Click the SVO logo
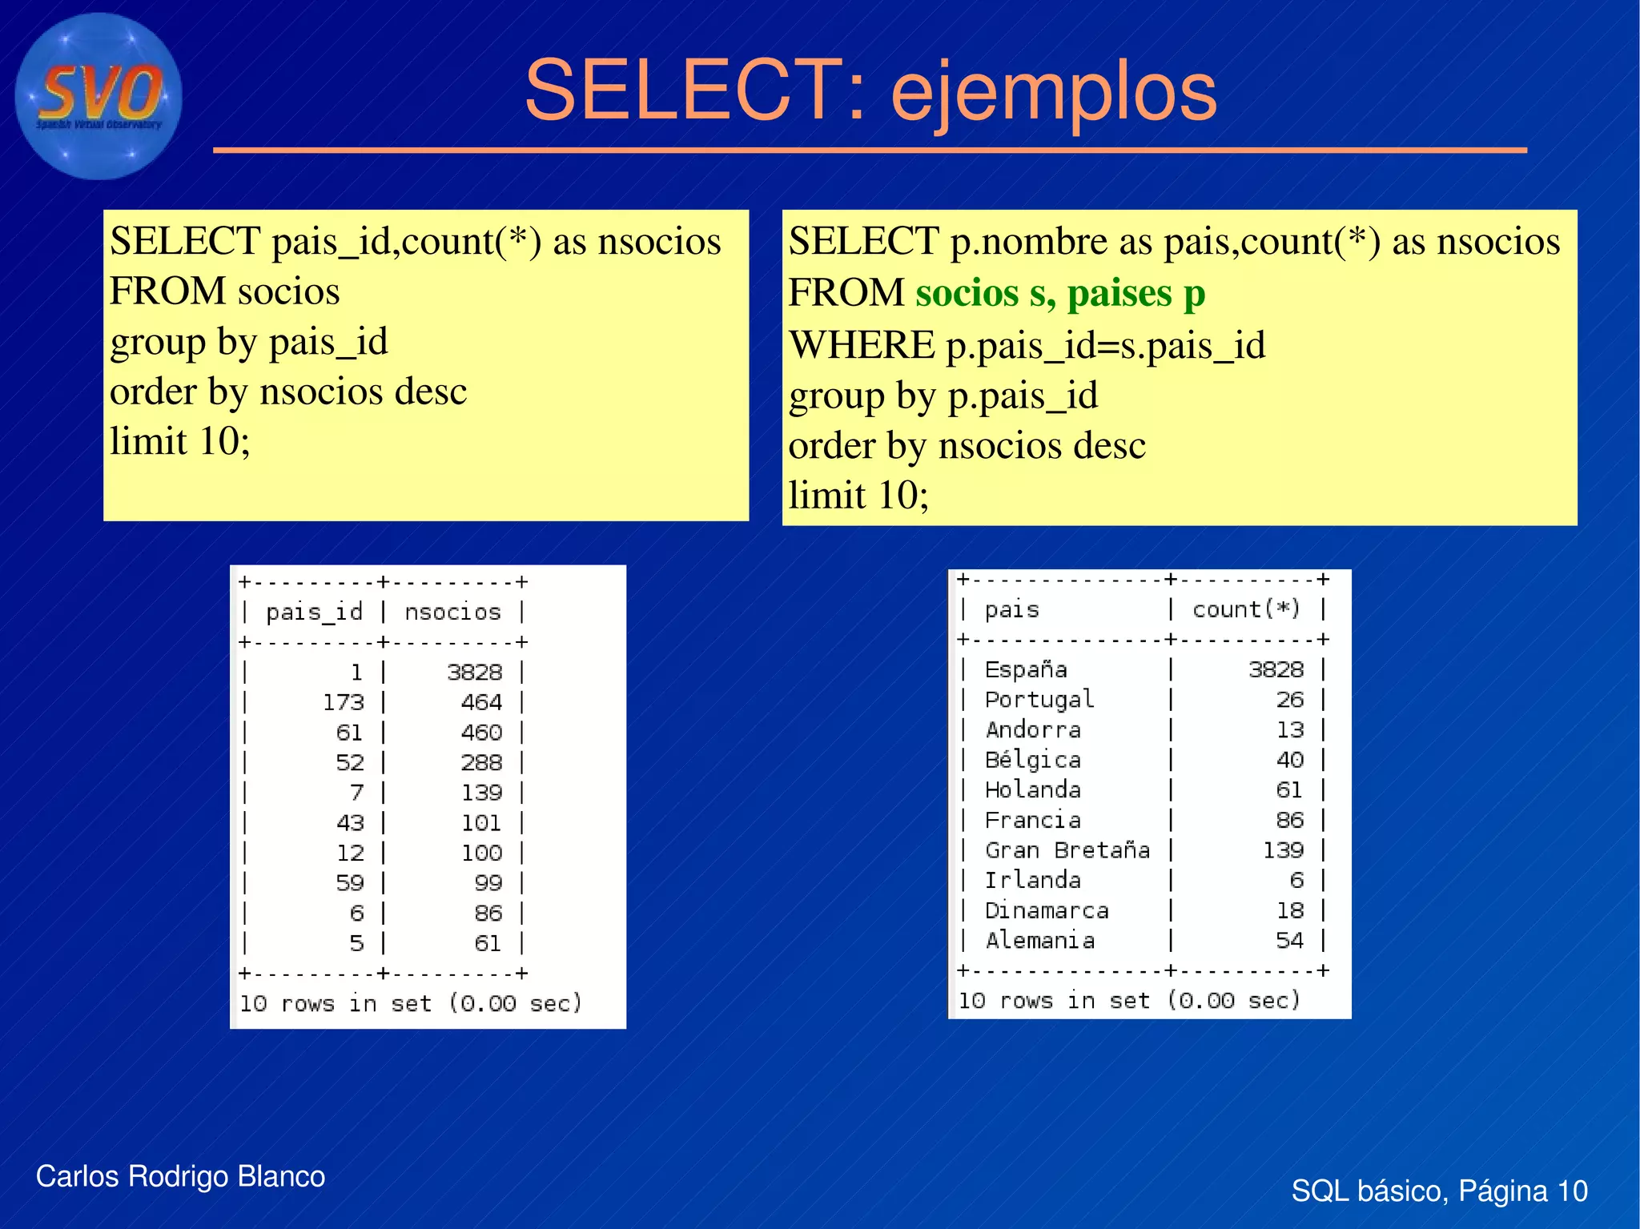point(98,96)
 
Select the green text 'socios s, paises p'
point(1060,293)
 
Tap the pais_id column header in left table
point(314,612)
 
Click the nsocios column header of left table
point(452,612)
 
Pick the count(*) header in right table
point(1246,610)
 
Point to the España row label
point(1026,669)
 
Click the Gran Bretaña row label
point(1067,850)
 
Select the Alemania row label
point(1039,941)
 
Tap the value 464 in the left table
point(481,703)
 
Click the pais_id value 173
point(343,703)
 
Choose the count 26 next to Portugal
point(1289,700)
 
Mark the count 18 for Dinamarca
point(1289,911)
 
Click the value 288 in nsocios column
point(481,763)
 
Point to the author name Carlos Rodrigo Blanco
point(180,1176)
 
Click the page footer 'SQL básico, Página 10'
point(1439,1191)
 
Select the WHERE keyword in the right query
point(862,346)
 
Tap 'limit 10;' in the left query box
point(180,441)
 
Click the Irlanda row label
point(1033,881)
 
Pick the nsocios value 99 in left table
point(488,883)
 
